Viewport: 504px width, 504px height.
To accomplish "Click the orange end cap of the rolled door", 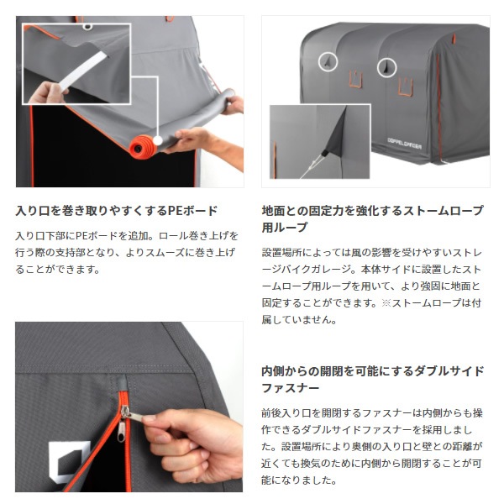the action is tap(141, 147).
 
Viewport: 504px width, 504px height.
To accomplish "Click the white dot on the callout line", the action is tap(158, 140).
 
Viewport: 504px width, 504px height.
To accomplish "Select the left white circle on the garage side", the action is tap(328, 61).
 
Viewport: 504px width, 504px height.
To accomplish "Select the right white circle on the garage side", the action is tap(386, 67).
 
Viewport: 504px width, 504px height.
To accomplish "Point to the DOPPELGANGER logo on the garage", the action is tap(404, 144).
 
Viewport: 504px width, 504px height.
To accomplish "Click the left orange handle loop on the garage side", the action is tap(355, 79).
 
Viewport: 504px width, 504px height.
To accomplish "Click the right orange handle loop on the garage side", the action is tap(405, 87).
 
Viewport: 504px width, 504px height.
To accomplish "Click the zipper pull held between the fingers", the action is tap(132, 415).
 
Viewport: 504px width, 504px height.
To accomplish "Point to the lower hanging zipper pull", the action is tap(121, 432).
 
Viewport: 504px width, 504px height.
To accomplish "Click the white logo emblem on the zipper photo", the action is tap(68, 461).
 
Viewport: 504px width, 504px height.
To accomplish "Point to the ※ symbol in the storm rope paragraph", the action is tap(386, 302).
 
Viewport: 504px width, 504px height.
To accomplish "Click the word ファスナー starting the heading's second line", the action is tap(291, 388).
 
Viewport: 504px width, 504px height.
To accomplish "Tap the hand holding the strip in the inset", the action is tap(46, 93).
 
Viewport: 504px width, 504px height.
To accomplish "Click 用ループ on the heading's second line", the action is tap(285, 228).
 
